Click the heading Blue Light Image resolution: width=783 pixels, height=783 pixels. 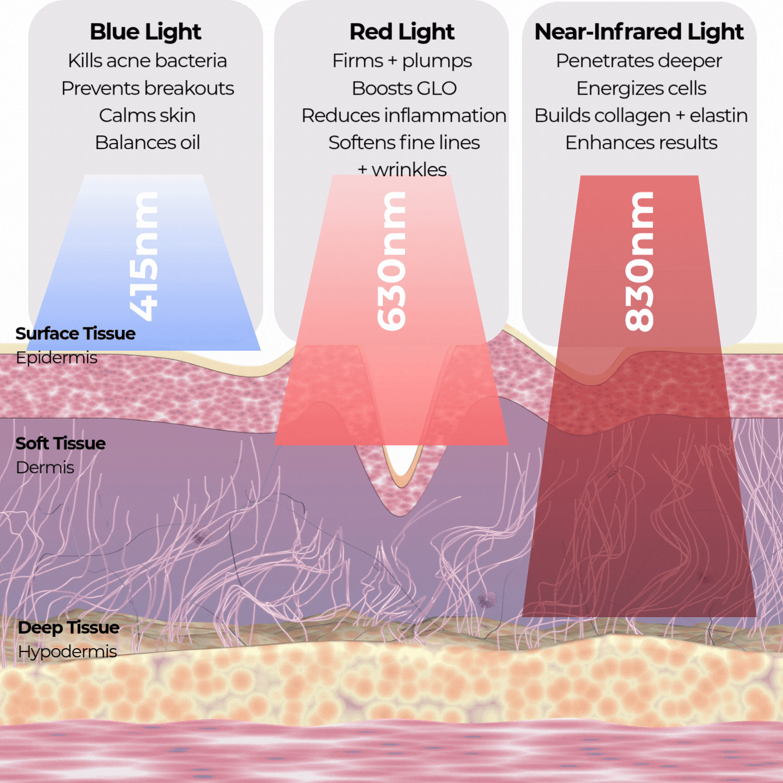[146, 32]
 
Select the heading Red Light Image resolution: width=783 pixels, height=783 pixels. [402, 32]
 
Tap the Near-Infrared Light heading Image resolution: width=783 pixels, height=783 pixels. [639, 32]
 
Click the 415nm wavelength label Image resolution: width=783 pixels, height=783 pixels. [145, 256]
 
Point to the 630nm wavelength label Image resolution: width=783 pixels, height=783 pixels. [392, 261]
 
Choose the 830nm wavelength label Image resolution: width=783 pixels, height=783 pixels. [639, 262]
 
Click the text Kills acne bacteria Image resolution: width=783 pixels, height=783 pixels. [147, 60]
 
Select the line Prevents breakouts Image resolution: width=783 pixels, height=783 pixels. [147, 88]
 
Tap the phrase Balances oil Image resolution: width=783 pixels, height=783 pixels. [147, 142]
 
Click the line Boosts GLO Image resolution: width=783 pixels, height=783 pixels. [404, 88]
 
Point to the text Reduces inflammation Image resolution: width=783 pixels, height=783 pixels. [404, 115]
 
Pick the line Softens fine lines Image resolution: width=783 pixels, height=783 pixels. [404, 142]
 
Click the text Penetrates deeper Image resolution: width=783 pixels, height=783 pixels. [639, 60]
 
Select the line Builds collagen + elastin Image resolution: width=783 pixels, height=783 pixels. [641, 115]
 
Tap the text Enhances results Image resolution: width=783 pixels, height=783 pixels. [641, 142]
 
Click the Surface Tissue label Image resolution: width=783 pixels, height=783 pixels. [75, 333]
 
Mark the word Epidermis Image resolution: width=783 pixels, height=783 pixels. [57, 358]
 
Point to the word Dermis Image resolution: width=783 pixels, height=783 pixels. [45, 468]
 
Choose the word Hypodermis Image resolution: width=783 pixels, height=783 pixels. [67, 651]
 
